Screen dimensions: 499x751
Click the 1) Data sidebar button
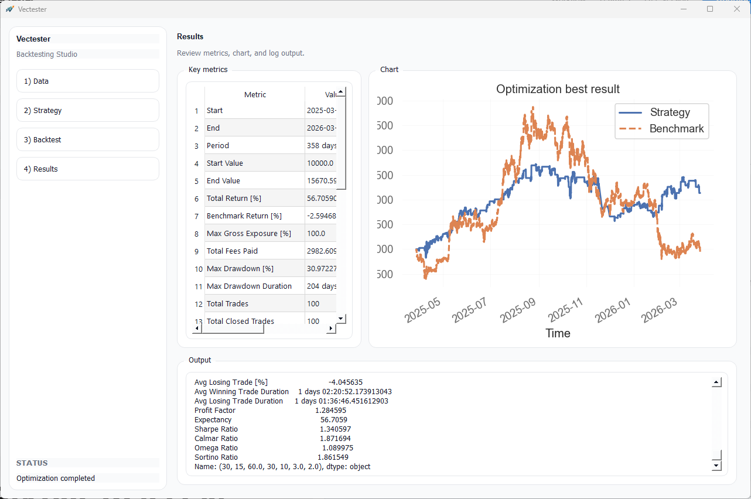88,81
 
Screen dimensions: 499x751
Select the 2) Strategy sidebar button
88,110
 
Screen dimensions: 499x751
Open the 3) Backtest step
88,139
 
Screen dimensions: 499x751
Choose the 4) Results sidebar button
88,169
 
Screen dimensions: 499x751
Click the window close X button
736,9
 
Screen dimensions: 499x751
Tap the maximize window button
710,9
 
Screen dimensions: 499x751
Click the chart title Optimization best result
558,89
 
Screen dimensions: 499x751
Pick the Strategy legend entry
670,112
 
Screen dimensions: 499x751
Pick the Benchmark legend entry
676,129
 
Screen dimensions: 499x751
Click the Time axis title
558,333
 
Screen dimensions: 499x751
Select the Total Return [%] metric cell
234,199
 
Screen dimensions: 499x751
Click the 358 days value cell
321,146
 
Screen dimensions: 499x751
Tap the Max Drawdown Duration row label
249,286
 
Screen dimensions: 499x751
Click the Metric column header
255,94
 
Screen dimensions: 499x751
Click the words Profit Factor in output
215,411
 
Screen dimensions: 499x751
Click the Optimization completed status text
56,478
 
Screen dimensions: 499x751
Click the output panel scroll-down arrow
716,466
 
